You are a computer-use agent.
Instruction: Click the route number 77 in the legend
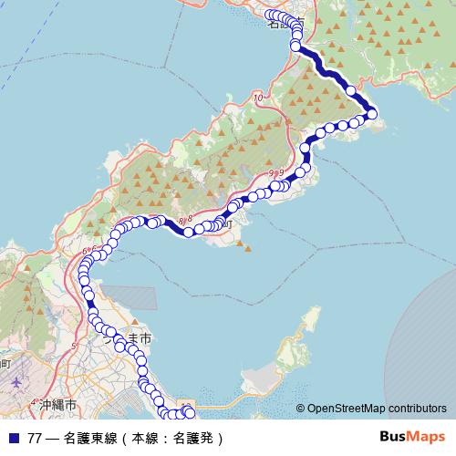(35, 438)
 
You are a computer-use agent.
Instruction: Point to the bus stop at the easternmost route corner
(371, 112)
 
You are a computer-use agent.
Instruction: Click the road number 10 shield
(258, 97)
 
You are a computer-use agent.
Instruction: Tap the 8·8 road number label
(186, 220)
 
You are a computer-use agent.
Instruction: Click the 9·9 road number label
(276, 172)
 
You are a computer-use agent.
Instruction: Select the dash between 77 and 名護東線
(54, 438)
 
